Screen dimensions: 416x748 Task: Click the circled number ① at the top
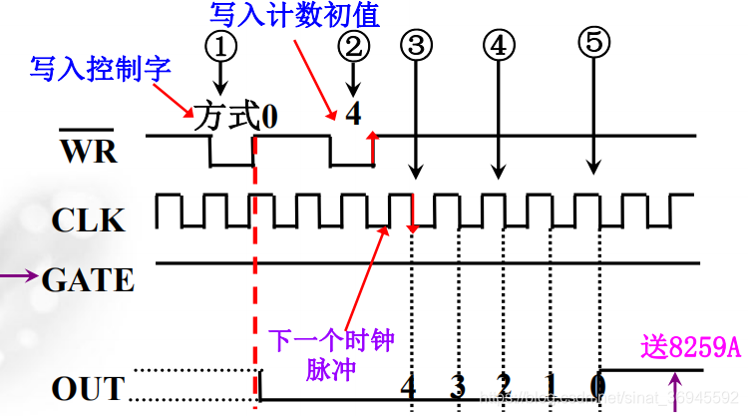pyautogui.click(x=221, y=45)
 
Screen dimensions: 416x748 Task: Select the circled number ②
pyautogui.click(x=353, y=45)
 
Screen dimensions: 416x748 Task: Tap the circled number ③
pyautogui.click(x=417, y=45)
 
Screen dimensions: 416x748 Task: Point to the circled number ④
pyautogui.click(x=499, y=45)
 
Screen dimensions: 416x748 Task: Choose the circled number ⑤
pyautogui.click(x=595, y=42)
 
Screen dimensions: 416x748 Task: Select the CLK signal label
pyautogui.click(x=90, y=218)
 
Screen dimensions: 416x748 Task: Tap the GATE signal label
pyautogui.click(x=89, y=279)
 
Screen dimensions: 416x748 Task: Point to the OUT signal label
pyautogui.click(x=89, y=388)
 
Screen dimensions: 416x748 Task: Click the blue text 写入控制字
pyautogui.click(x=100, y=69)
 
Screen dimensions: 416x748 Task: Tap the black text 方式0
pyautogui.click(x=235, y=116)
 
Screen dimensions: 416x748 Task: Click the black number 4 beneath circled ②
pyautogui.click(x=353, y=113)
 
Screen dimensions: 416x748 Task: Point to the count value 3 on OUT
pyautogui.click(x=457, y=385)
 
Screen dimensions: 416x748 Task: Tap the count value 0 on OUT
pyautogui.click(x=597, y=385)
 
